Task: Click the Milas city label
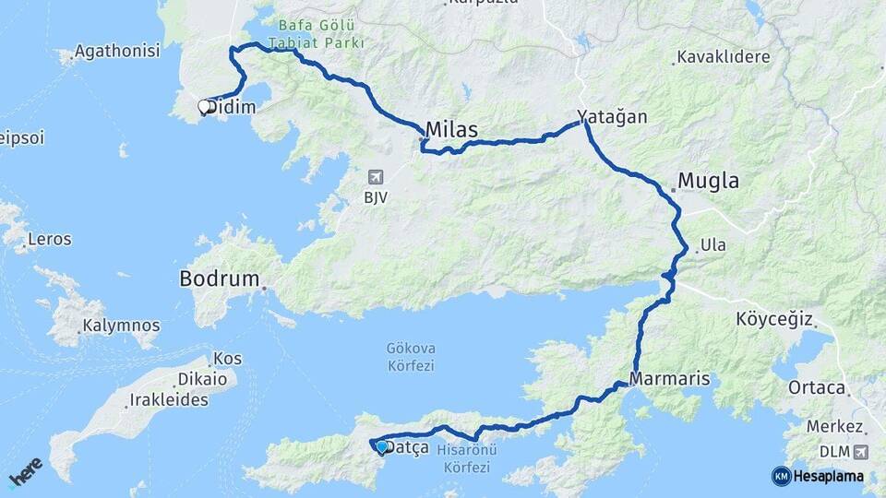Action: (452, 131)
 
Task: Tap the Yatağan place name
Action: (612, 117)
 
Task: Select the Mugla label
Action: (709, 181)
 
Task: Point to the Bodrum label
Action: (219, 278)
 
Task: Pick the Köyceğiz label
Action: (773, 320)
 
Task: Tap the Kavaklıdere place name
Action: (723, 57)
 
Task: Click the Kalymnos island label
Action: (121, 326)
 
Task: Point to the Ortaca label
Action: (817, 388)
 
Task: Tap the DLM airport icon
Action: (862, 452)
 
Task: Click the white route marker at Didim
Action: (204, 107)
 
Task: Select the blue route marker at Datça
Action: (381, 447)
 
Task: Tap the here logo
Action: (26, 471)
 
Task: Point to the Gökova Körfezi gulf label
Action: (413, 357)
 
